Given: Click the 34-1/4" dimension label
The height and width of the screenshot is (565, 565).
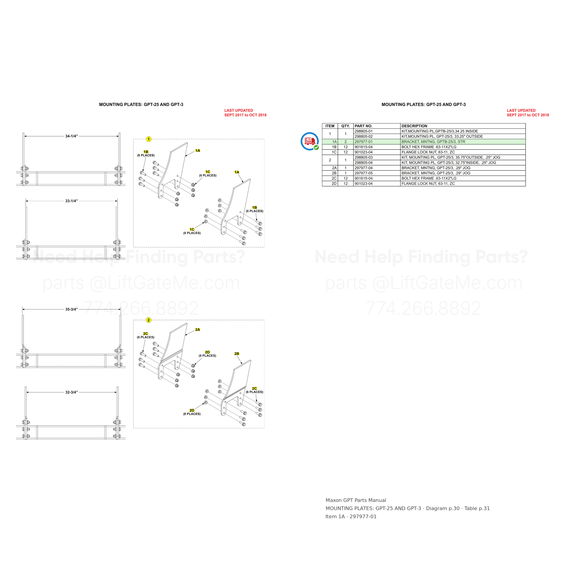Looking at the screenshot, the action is point(72,136).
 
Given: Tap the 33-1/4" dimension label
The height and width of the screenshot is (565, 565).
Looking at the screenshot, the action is point(72,201).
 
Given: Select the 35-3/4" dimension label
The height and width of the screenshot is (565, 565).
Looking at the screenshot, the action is point(72,309).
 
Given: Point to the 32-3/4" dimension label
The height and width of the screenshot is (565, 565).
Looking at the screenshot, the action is point(72,392).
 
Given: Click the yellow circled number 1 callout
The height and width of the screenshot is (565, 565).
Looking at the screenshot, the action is point(148,139).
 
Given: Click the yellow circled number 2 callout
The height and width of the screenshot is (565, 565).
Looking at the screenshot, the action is point(148,320).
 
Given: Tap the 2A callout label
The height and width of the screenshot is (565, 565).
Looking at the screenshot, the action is point(198,330).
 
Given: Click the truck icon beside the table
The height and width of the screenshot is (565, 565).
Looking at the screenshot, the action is point(310,141).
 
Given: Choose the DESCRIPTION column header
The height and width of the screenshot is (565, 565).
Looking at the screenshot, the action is point(414,126).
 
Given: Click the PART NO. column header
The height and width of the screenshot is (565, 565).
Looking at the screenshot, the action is point(363,126).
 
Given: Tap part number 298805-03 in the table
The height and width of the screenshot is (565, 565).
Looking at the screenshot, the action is point(363,157).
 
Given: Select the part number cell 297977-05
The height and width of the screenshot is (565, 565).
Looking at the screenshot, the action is point(363,173).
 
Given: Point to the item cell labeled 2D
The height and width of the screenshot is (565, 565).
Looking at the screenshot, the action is point(334,184).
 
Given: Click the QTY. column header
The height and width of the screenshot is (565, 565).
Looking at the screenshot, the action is point(346,126).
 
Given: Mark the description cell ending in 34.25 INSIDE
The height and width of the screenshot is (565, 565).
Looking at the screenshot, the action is point(440,131).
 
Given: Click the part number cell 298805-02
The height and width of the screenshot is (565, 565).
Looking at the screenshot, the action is point(363,137).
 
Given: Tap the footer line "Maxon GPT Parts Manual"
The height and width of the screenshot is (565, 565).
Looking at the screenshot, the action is point(356,500).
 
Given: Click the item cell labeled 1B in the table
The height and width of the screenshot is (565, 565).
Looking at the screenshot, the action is point(334,147).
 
